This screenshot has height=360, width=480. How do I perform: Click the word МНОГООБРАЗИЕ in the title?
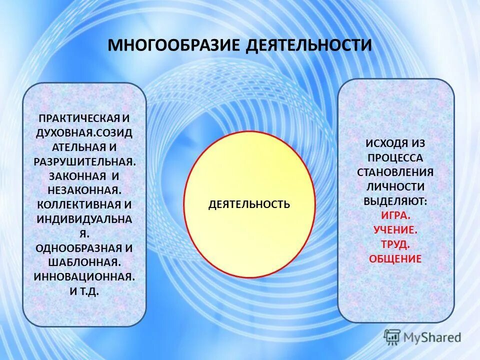coord(174,45)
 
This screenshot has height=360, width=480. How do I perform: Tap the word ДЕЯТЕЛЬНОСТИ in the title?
coord(309,45)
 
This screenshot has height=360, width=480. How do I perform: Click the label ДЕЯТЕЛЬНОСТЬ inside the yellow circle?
coord(249,204)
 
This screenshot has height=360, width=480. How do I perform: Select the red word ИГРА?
coord(395,216)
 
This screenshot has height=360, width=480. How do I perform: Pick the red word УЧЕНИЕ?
coord(395,230)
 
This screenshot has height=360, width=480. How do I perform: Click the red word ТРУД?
coord(395,244)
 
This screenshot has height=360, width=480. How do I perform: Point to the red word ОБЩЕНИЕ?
coord(395,259)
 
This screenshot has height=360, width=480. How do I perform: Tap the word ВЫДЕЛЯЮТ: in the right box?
coord(395,201)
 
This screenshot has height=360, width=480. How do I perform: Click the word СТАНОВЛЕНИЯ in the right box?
coord(395,172)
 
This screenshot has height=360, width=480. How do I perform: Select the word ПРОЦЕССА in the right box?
coord(395,158)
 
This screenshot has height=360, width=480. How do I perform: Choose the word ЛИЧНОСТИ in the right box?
coord(395,187)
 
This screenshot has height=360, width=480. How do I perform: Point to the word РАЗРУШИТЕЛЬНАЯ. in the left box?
coord(84,162)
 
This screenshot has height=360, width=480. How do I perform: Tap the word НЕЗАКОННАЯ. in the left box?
coord(84,190)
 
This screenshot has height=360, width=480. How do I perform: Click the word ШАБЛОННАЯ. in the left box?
coord(84,262)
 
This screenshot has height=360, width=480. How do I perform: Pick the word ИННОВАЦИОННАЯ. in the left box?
coord(84,277)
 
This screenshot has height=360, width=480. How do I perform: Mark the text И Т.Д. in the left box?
coord(84,291)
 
